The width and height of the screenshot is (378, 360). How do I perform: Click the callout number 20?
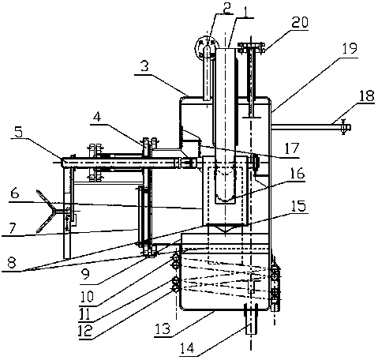point(299,22)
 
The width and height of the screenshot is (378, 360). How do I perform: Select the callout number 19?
point(350,48)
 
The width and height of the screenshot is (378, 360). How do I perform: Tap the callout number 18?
point(366,96)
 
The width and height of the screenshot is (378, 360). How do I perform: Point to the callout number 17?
point(291,149)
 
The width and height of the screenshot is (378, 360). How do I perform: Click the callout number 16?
point(297,173)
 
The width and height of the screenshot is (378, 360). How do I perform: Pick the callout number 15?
point(299,205)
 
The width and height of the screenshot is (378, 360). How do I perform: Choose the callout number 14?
point(187,348)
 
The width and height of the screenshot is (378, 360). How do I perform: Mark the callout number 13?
point(163,328)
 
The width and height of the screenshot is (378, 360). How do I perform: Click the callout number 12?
point(85,331)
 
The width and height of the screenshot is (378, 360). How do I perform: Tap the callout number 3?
point(144,66)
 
